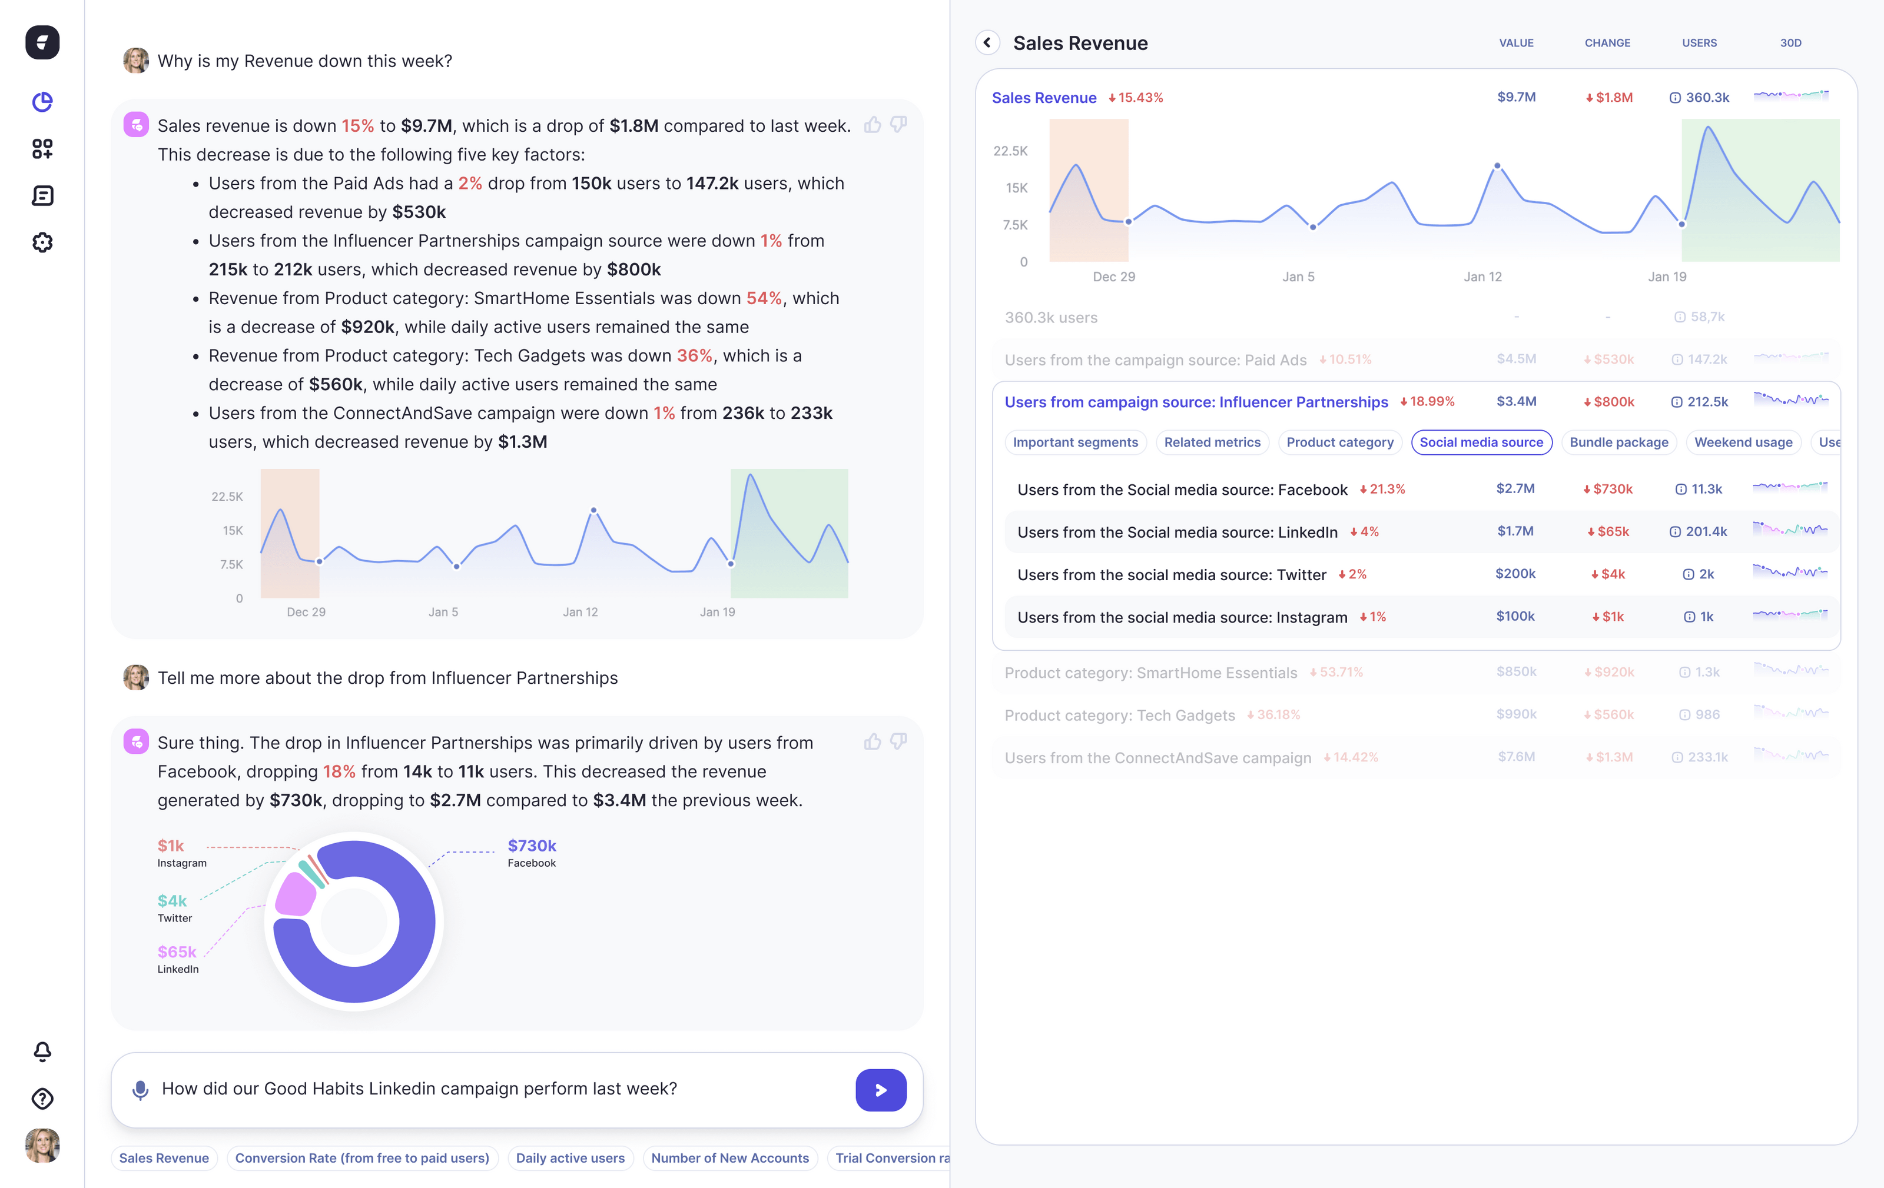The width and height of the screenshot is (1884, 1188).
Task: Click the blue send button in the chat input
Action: tap(880, 1090)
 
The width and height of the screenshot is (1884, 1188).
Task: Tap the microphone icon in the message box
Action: tap(140, 1090)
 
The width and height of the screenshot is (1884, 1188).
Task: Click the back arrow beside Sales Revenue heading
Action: tap(987, 42)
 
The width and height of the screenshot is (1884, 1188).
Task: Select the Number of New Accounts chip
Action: tap(729, 1157)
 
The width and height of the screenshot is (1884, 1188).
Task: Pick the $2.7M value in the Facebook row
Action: tap(1515, 489)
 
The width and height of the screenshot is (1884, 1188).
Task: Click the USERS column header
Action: tap(1699, 43)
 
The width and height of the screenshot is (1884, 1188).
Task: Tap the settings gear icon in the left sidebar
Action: tap(42, 242)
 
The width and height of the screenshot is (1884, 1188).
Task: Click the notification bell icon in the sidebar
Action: tap(42, 1051)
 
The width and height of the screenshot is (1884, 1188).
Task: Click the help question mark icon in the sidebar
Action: tap(42, 1098)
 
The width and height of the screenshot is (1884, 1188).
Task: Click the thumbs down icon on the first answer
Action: tap(898, 124)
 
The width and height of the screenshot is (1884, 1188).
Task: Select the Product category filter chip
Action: tap(1339, 442)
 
